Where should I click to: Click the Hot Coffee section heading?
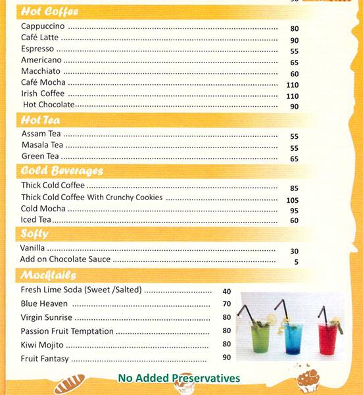coord(49,12)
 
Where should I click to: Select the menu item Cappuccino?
coord(43,26)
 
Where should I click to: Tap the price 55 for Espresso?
coord(294,51)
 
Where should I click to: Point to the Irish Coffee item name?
coord(43,93)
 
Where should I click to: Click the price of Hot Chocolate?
coord(294,107)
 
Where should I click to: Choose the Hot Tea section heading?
coord(41,120)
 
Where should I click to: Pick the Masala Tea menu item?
coord(42,145)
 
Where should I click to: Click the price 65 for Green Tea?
coord(294,159)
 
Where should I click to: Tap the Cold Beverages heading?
coord(62,171)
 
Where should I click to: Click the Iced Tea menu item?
coord(36,220)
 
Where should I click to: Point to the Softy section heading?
coord(34,234)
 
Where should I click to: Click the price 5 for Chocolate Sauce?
coord(296,262)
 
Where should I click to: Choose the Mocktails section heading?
coord(48,275)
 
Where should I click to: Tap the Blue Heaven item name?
coord(44,303)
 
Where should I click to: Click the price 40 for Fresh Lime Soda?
coord(227,292)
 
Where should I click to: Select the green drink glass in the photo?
coord(261,336)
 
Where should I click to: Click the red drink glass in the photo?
coord(327,337)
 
